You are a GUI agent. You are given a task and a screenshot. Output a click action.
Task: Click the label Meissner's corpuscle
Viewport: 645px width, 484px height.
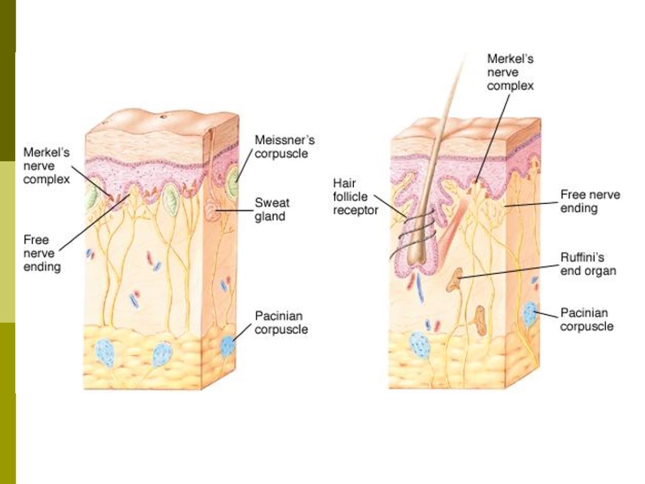(284, 147)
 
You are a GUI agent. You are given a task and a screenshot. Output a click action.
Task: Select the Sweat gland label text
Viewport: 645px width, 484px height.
(272, 210)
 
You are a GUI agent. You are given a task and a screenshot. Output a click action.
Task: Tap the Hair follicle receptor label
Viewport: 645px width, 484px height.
(356, 196)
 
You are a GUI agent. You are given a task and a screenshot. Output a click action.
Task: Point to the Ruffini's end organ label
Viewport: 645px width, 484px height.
(588, 264)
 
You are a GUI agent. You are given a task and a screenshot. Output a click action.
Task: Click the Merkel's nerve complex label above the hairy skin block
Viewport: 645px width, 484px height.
(510, 72)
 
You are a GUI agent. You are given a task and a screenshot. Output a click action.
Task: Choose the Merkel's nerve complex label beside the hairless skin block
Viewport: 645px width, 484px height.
(47, 165)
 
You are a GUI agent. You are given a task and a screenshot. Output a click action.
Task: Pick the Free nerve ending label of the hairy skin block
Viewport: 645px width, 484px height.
(590, 201)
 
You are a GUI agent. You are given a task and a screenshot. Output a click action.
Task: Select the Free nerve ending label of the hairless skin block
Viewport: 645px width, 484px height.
(42, 253)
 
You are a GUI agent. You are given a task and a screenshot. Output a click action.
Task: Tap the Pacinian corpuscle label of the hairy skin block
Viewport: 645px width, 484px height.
(586, 320)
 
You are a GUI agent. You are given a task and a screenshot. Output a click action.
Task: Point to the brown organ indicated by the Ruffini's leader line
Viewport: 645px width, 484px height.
(454, 279)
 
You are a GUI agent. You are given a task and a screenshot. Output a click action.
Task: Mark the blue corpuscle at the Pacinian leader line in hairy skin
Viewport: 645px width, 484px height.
(530, 313)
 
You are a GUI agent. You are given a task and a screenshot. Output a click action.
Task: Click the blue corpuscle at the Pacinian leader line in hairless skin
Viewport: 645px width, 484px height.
(227, 345)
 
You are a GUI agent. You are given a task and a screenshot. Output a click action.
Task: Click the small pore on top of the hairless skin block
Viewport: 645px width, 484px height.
(163, 117)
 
